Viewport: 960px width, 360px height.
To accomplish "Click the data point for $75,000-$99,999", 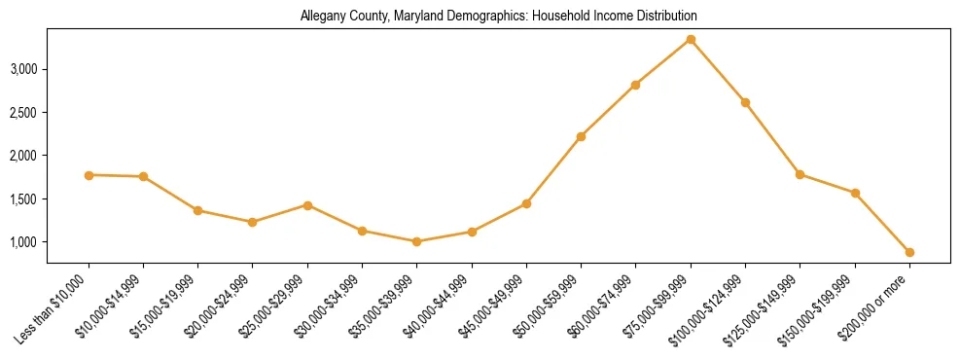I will point(691,39).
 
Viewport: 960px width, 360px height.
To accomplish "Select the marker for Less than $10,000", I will point(89,175).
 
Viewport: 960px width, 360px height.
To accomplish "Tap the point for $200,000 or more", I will point(909,252).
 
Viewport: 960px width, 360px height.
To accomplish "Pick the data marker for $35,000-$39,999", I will point(417,241).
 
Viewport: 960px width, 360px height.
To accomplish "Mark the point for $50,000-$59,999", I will point(581,136).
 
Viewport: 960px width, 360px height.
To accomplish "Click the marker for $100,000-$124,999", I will point(745,102).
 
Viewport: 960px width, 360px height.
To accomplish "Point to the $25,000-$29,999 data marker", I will point(307,205).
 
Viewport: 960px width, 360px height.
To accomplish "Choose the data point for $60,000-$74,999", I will point(635,85).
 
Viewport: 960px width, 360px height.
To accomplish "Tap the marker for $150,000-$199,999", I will point(855,193).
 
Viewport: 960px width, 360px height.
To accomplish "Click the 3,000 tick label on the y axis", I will point(52,69).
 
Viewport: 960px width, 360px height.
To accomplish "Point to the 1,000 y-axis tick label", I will point(52,241).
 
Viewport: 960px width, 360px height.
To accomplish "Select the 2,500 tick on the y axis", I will point(52,113).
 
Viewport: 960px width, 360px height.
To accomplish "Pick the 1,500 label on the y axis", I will point(52,198).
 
